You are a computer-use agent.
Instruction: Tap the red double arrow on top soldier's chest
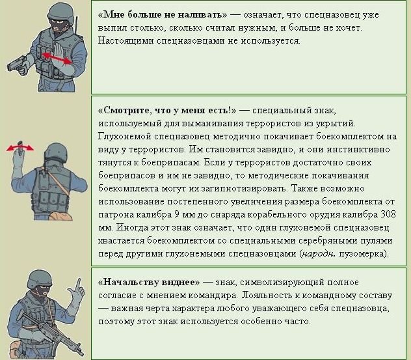point(57,58)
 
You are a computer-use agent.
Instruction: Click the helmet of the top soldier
point(61,13)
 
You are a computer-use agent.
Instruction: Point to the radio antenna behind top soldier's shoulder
point(76,25)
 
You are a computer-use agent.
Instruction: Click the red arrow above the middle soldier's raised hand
point(20,148)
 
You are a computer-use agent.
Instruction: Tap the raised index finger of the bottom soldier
point(78,284)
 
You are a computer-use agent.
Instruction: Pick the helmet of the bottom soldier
point(39,279)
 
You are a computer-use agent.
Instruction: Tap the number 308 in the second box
point(388,215)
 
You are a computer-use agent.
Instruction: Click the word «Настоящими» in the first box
point(126,40)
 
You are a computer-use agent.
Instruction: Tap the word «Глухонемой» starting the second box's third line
point(125,137)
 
